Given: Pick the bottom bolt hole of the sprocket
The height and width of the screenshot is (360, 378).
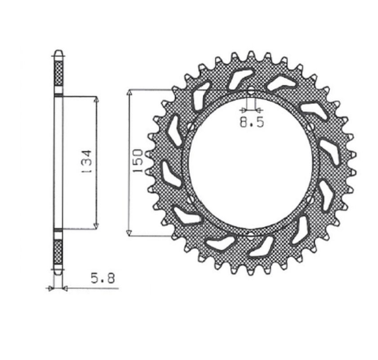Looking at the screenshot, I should pyautogui.click(x=249, y=236).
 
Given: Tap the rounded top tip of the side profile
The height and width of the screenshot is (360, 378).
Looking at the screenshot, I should pyautogui.click(x=57, y=54).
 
